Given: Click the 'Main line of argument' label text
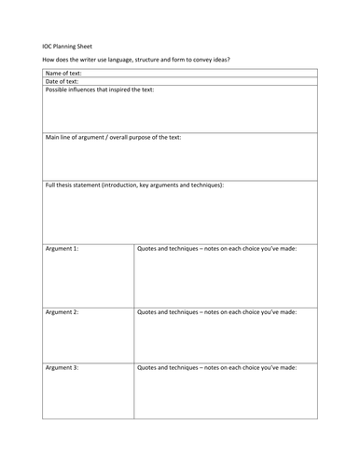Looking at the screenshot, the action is [79, 137].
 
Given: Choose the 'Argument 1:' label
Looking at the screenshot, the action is [62, 249].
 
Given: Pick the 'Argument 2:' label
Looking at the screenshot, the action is [62, 308].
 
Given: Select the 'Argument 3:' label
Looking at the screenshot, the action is [62, 368].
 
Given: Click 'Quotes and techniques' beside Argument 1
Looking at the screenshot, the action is [170, 249].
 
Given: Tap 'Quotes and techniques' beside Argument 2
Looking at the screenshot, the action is [170, 308].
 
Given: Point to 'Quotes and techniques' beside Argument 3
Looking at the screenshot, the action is [170, 368].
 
